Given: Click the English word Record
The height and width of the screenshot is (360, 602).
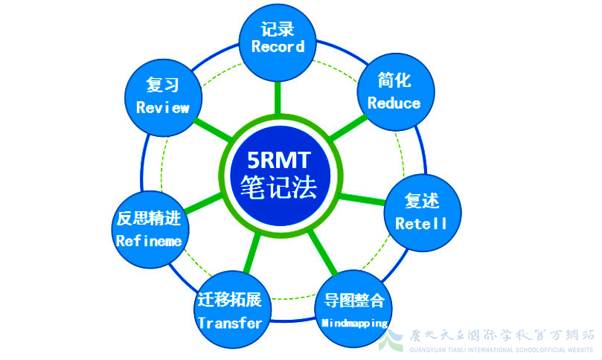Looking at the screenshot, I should [x=278, y=47].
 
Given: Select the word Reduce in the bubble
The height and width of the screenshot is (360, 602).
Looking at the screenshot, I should [x=394, y=103].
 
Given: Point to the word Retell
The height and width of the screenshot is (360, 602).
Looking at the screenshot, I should [x=421, y=223].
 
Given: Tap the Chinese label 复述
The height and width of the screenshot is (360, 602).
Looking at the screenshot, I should [x=421, y=201].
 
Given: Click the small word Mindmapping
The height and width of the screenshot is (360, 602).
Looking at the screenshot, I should [x=354, y=324].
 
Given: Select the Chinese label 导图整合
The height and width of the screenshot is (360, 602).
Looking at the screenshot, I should [x=354, y=301].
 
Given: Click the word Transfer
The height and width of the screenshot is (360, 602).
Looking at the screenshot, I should [x=230, y=323].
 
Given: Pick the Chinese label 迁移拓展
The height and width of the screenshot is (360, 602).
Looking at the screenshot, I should [x=230, y=300].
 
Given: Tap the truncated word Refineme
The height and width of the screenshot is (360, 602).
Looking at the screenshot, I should [x=149, y=240].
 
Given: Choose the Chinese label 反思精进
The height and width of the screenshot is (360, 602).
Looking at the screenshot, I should [x=149, y=219].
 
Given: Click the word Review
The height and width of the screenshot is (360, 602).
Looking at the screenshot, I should [x=163, y=108].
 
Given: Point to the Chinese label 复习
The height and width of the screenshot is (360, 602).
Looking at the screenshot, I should [x=163, y=84].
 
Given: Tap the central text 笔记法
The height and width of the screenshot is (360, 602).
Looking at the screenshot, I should [x=278, y=187].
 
